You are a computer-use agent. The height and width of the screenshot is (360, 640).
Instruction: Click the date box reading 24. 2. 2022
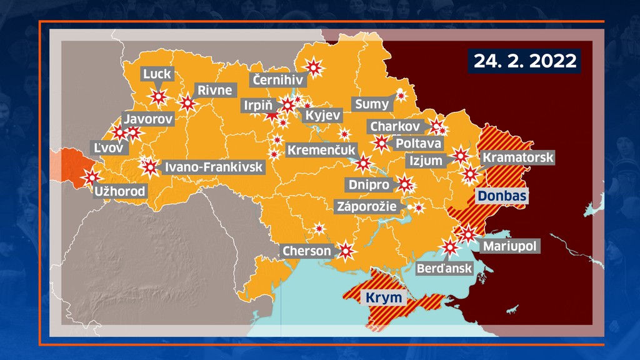pyautogui.click(x=524, y=60)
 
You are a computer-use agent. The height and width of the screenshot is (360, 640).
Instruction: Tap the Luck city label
pyautogui.click(x=157, y=75)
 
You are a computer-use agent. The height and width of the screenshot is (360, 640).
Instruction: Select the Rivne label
pyautogui.click(x=214, y=90)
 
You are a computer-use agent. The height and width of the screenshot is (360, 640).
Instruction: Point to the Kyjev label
pyautogui.click(x=323, y=115)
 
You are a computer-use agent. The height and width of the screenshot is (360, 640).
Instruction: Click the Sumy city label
pyautogui.click(x=371, y=104)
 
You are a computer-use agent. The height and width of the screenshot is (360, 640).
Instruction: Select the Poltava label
pyautogui.click(x=417, y=144)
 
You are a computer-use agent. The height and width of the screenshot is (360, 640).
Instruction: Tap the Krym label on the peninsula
pyautogui.click(x=384, y=297)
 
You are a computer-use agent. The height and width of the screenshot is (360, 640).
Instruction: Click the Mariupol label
pyautogui.click(x=509, y=246)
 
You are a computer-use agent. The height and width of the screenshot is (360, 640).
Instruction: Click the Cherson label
pyautogui.click(x=306, y=251)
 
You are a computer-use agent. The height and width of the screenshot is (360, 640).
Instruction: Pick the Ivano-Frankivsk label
pyautogui.click(x=213, y=167)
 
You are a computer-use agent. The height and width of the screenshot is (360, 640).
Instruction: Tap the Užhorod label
pyautogui.click(x=119, y=191)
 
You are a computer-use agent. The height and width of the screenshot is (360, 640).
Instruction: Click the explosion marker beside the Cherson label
pyautogui.click(x=346, y=251)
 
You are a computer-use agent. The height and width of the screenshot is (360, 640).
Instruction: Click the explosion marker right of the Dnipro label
pyautogui.click(x=405, y=184)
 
